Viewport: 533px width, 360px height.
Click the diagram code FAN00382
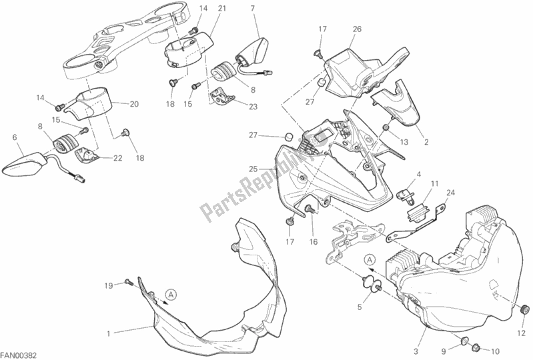pyautogui.click(x=19, y=355)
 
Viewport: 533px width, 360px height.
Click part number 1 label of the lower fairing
pyautogui.click(x=109, y=334)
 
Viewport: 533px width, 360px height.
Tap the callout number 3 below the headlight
pyautogui.click(x=416, y=351)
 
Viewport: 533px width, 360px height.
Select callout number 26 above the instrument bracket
pyautogui.click(x=357, y=29)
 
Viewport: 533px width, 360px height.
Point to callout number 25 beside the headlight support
pyautogui.click(x=253, y=169)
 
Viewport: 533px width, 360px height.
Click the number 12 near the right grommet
pyautogui.click(x=521, y=333)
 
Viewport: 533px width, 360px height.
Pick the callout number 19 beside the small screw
pyautogui.click(x=109, y=285)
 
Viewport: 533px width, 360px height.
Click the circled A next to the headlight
pyautogui.click(x=370, y=260)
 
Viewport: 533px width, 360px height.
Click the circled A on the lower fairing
pyautogui.click(x=171, y=295)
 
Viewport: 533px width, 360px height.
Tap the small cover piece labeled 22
pyautogui.click(x=86, y=155)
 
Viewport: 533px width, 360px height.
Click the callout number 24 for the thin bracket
pyautogui.click(x=450, y=193)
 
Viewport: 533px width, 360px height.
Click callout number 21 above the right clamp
pyautogui.click(x=222, y=8)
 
